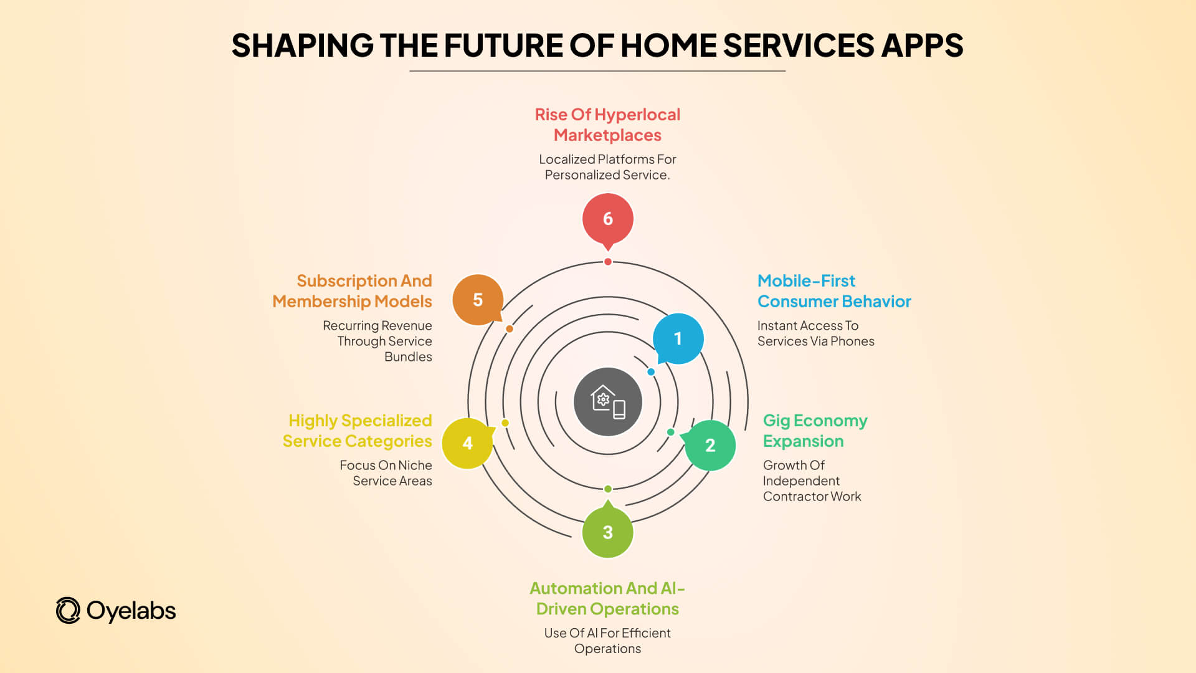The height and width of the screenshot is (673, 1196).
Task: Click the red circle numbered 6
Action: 607,219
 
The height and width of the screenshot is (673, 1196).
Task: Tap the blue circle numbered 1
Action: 678,338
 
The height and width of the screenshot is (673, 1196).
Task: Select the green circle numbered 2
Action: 710,445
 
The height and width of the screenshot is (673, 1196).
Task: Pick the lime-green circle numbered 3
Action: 607,532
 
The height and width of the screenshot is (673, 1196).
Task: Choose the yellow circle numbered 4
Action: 467,443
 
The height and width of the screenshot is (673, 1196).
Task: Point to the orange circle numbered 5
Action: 478,300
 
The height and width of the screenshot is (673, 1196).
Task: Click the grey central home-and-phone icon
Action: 607,402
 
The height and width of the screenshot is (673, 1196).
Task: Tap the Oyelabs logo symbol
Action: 68,611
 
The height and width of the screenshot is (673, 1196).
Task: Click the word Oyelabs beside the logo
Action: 131,611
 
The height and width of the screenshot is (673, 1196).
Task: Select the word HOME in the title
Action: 668,45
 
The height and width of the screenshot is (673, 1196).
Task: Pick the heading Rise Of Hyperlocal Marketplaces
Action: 607,125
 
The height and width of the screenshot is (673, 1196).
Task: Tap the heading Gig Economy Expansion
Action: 815,431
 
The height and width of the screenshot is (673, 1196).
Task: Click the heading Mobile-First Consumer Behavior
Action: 833,291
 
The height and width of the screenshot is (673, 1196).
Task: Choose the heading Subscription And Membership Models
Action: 353,291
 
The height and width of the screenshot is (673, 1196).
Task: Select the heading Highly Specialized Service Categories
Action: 358,431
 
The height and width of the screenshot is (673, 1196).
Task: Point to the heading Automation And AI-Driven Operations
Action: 607,598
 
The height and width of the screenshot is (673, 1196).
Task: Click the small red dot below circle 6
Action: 608,262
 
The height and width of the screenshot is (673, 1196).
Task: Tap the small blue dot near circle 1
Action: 651,372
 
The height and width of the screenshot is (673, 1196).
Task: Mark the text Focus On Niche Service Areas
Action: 386,473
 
